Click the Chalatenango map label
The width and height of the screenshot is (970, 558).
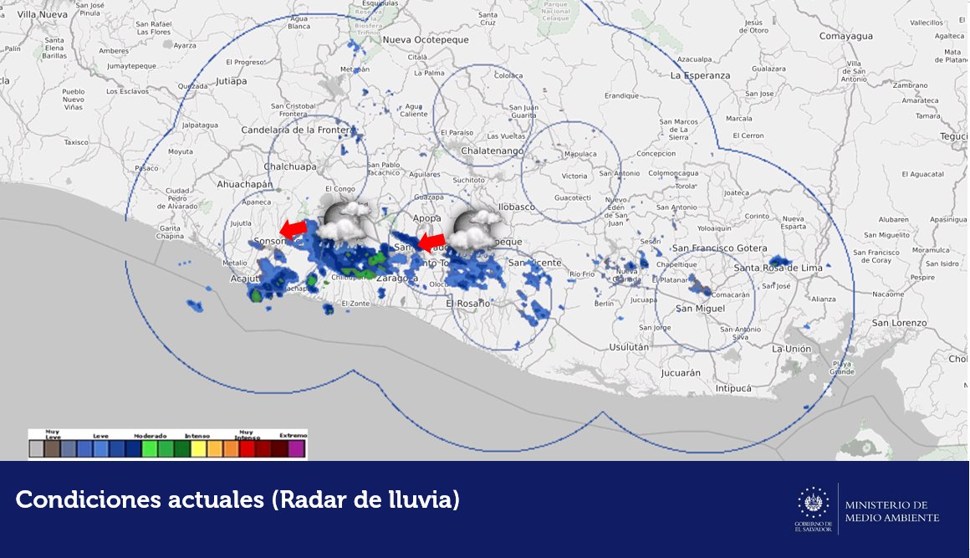(x=493, y=151)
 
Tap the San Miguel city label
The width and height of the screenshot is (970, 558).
(x=700, y=309)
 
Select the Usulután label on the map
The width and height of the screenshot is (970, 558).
(x=630, y=346)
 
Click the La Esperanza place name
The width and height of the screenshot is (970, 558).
(x=700, y=75)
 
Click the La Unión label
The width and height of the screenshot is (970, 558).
(x=790, y=349)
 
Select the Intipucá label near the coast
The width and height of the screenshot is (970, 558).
(x=733, y=388)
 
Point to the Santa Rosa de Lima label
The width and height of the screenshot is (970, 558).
(x=778, y=268)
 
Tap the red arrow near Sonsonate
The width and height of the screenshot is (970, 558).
(x=293, y=228)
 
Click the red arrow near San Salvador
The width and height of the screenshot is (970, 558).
(x=431, y=243)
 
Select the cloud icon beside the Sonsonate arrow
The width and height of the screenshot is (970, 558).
(x=345, y=221)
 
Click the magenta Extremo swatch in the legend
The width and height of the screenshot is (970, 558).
(x=296, y=449)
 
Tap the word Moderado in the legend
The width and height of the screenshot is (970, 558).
(x=150, y=436)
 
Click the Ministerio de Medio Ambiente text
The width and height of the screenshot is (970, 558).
(x=891, y=511)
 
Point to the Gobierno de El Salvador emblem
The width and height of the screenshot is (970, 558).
(x=813, y=507)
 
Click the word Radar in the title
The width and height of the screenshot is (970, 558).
(x=310, y=500)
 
